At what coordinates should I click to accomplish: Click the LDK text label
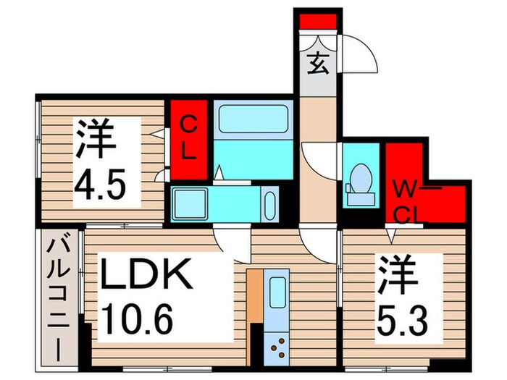point(146,275)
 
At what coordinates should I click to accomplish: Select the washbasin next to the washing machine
point(269,203)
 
